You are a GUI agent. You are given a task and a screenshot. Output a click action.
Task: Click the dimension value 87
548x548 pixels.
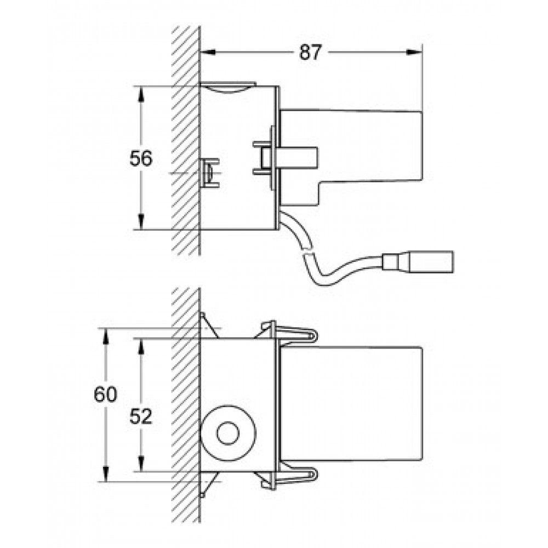coord(310,53)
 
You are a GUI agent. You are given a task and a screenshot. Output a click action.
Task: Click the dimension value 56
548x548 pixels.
coord(141,158)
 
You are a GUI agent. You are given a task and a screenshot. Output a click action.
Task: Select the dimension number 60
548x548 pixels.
coord(105,395)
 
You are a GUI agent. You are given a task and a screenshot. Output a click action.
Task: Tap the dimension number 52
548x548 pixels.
coord(141,416)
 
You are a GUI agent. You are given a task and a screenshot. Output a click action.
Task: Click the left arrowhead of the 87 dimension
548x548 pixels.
coord(207,53)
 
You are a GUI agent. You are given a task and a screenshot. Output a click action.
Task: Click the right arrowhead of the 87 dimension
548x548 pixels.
coord(415,53)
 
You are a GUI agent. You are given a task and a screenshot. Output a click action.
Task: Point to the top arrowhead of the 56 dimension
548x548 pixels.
coord(140,94)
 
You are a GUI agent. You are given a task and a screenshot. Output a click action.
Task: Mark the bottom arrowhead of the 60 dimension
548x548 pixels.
coord(105,474)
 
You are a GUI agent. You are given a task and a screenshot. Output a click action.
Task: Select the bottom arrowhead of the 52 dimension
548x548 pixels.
coord(140,464)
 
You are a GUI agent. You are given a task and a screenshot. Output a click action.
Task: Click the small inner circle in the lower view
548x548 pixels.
coord(227,433)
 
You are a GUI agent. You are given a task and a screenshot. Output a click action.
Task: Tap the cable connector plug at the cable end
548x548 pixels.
coord(418,261)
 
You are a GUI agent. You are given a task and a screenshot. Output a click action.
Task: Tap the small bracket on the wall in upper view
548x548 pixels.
coord(210,173)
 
